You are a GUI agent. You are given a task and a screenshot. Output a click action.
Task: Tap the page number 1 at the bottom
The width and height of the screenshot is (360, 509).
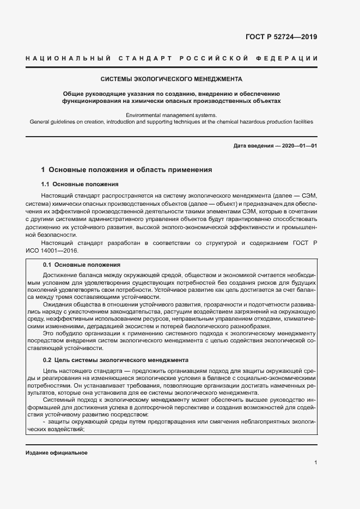tap(316, 463)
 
